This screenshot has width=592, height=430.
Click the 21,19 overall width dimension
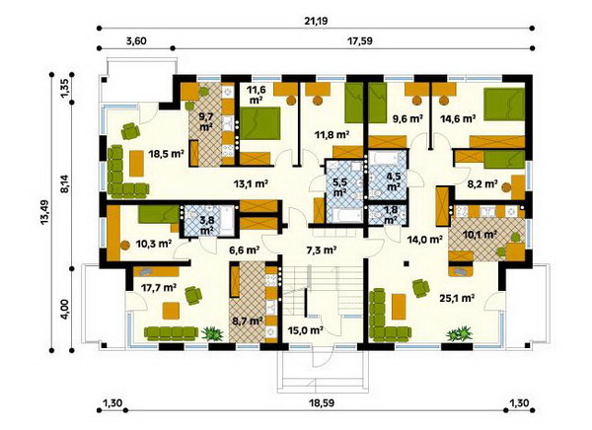click(316, 20)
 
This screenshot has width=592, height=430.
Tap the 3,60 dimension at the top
click(136, 40)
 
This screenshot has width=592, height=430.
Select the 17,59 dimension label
click(359, 40)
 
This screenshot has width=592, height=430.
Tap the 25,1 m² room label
click(457, 298)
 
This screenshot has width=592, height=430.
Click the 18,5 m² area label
click(166, 153)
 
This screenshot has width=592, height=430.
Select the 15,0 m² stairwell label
click(305, 330)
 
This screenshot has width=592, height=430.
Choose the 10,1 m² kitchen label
click(479, 235)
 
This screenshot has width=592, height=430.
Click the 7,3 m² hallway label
click(321, 250)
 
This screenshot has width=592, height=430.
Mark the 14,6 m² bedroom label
click(458, 119)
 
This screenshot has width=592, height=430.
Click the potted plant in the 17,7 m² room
click(212, 334)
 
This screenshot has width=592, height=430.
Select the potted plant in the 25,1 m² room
click(459, 334)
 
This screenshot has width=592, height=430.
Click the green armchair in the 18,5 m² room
click(130, 131)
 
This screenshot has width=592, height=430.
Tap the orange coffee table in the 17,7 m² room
click(171, 311)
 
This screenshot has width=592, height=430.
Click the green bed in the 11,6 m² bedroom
click(260, 123)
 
